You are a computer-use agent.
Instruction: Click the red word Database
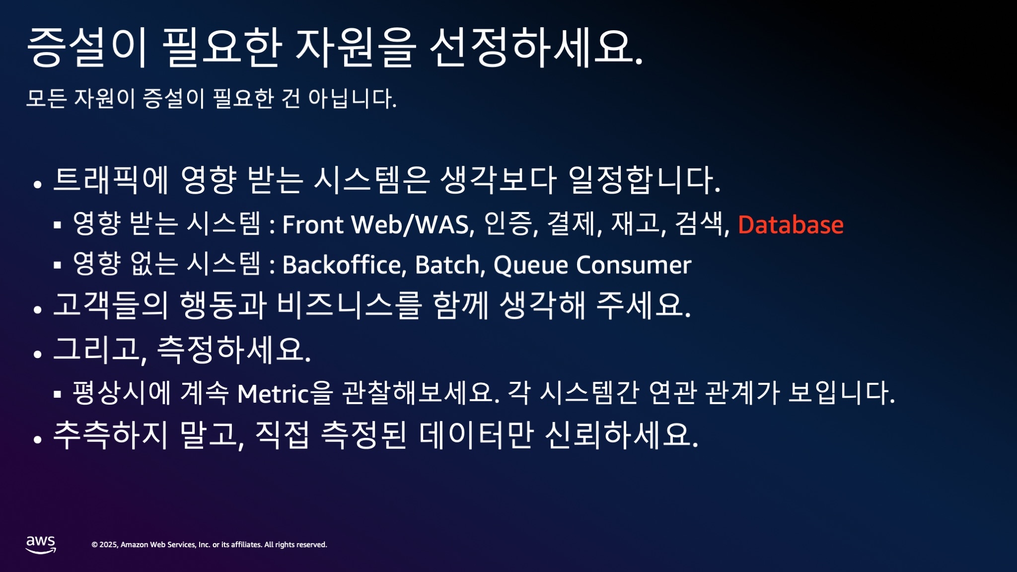[791, 224]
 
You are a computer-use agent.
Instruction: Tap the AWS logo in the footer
[41, 544]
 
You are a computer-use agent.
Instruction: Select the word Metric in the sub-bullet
[273, 394]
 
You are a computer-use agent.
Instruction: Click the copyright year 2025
[109, 545]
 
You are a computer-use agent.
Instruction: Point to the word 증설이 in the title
[87, 47]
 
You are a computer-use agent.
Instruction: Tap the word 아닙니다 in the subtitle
[352, 98]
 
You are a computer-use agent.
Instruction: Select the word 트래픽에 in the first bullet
[111, 179]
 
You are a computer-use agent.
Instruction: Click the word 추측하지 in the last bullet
[111, 434]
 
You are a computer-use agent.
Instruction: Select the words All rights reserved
[295, 545]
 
